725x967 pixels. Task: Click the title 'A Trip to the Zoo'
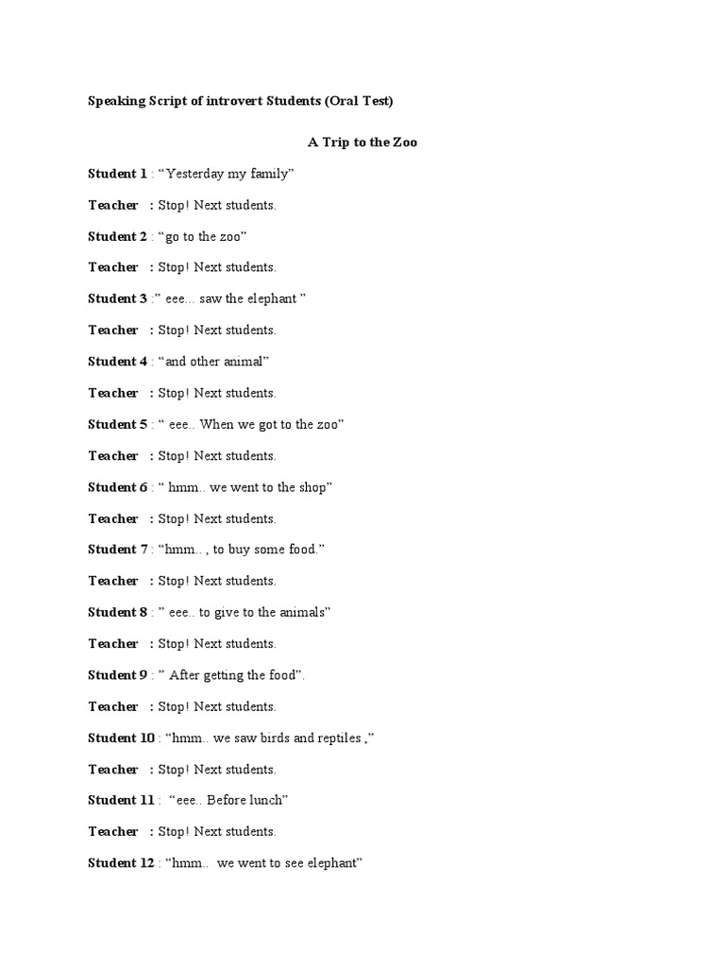[362, 143]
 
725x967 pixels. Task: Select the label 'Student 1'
[117, 174]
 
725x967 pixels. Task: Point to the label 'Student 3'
[117, 298]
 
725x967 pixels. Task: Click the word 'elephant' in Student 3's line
[271, 298]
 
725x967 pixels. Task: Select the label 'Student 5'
[117, 424]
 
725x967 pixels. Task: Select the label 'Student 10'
[121, 738]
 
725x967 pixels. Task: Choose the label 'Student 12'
[121, 863]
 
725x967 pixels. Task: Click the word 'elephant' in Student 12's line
[332, 863]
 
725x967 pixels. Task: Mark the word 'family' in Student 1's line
[269, 174]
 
